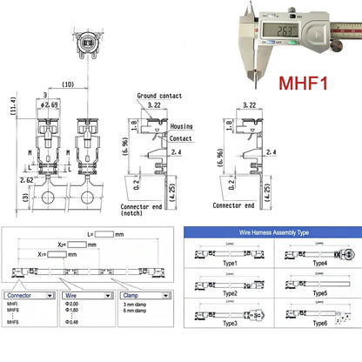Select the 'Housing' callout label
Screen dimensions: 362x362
click(x=182, y=125)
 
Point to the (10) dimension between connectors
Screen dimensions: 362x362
click(x=67, y=84)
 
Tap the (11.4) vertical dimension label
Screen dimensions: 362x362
click(x=9, y=105)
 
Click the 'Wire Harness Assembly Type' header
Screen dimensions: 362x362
click(x=271, y=234)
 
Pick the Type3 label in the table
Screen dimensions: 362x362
click(x=229, y=322)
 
